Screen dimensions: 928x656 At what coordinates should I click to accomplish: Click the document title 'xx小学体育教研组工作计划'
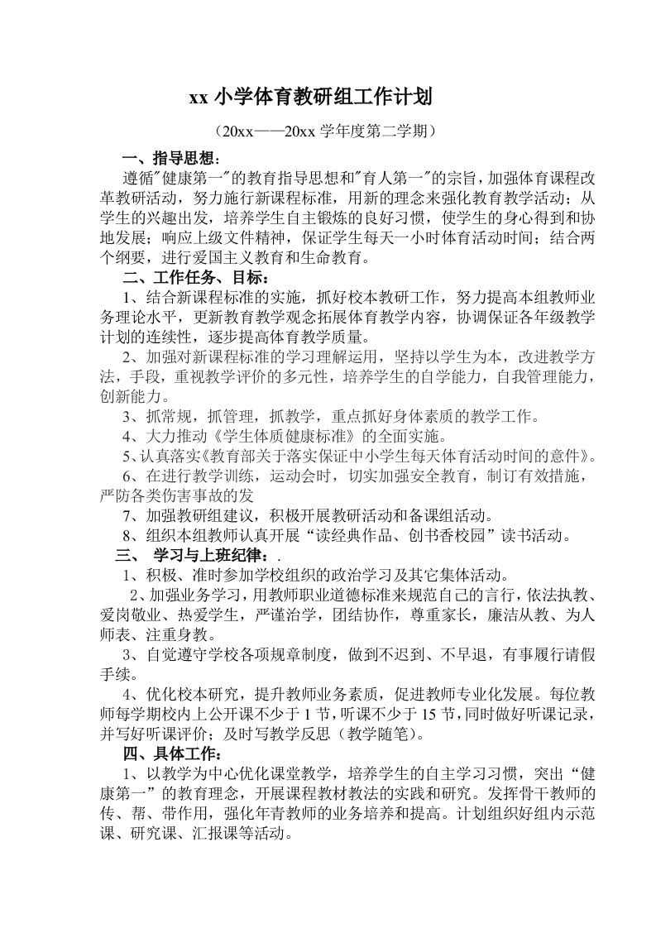(311, 98)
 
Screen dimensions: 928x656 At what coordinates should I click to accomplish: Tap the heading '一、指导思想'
(170, 159)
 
